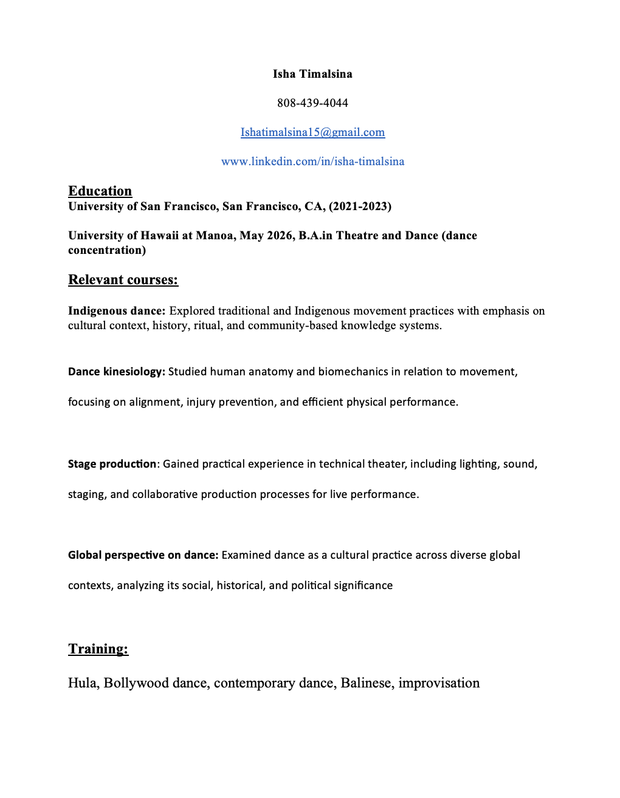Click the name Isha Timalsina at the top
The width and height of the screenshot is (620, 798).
312,74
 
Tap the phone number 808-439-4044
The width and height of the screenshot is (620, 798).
312,103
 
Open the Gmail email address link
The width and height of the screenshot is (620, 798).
312,132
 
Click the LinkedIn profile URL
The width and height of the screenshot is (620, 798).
312,162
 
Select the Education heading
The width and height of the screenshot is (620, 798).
100,191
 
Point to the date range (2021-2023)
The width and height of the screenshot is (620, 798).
360,206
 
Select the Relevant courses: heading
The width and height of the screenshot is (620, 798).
123,280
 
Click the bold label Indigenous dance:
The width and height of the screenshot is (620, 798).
117,311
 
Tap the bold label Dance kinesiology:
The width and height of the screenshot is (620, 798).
117,372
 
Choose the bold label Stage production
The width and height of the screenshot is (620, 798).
112,464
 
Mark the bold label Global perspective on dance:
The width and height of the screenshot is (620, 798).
143,555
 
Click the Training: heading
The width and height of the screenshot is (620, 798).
98,649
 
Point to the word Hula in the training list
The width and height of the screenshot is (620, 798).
82,683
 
